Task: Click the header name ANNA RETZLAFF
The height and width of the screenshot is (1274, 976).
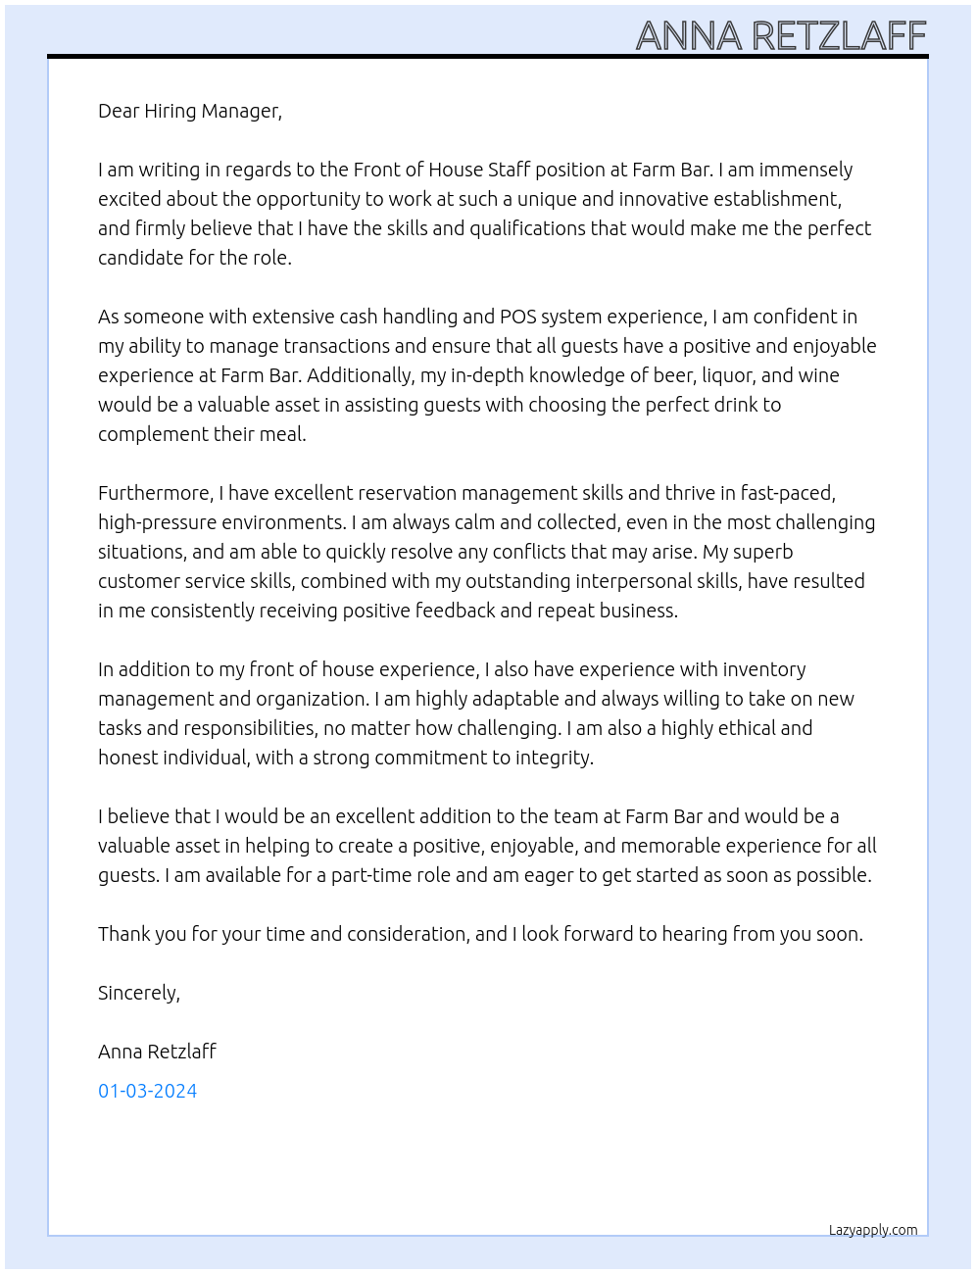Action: [x=781, y=36]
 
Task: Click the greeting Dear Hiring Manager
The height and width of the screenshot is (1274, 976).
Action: [x=189, y=111]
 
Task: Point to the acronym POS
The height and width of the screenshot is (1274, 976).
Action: [x=517, y=317]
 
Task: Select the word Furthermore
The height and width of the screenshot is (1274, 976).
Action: [x=155, y=493]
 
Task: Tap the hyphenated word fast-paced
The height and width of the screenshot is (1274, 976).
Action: [x=788, y=493]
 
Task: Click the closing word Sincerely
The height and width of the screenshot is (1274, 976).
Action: [x=138, y=993]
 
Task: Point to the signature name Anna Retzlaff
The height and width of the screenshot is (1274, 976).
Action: [x=157, y=1052]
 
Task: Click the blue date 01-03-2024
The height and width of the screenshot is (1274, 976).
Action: [x=147, y=1091]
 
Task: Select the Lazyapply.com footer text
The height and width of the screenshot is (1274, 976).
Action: [x=873, y=1230]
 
